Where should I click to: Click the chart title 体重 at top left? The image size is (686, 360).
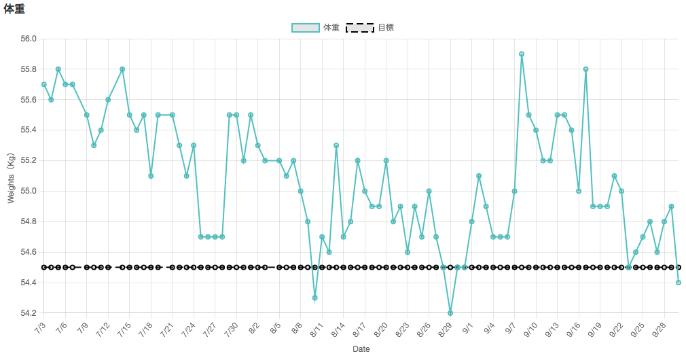(14, 9)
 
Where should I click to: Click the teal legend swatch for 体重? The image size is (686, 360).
(306, 28)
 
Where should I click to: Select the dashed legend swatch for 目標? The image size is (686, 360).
(360, 28)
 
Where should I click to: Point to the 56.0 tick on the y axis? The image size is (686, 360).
(28, 39)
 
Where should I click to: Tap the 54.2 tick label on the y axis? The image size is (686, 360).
(28, 313)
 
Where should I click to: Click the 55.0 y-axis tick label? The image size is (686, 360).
(28, 191)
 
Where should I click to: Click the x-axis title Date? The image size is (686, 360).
(361, 349)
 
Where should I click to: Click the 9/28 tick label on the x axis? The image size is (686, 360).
(660, 330)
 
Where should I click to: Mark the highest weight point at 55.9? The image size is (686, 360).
(522, 54)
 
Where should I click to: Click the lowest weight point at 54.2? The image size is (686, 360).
(450, 313)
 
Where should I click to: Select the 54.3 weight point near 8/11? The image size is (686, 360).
(315, 298)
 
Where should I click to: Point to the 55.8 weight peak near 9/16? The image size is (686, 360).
(585, 69)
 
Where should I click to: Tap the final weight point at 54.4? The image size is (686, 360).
(679, 283)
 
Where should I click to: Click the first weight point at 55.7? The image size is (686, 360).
(43, 84)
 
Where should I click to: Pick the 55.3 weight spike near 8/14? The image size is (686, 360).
(336, 145)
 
